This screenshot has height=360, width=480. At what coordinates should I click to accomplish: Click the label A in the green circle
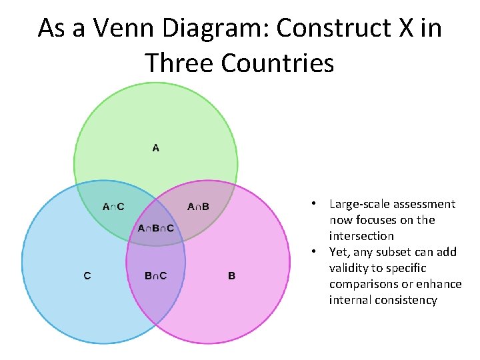(156, 148)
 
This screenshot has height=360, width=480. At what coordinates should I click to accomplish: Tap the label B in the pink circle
(231, 275)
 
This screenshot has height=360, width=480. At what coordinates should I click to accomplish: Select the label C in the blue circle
(87, 275)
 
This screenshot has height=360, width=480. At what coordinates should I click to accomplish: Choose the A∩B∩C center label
(156, 229)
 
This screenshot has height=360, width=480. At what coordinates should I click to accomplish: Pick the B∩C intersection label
(156, 275)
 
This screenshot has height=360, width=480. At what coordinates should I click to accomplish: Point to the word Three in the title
(178, 63)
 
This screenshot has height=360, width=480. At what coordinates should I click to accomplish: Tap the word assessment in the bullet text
(423, 204)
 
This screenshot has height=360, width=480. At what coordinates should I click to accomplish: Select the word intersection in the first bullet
(361, 236)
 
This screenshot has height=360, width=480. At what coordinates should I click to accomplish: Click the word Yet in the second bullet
(338, 252)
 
